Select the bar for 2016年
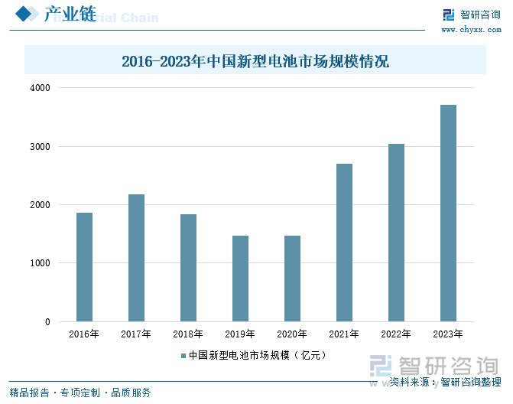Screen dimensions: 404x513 tap(84, 267)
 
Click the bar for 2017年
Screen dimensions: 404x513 tap(136, 258)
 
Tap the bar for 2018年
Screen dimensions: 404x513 tap(188, 268)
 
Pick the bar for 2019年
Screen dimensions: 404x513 tap(240, 279)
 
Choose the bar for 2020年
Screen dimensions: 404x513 tap(292, 279)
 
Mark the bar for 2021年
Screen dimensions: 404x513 tap(344, 243)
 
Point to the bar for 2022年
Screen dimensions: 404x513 tap(396, 233)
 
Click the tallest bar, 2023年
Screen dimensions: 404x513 tap(448, 213)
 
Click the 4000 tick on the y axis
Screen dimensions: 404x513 tap(40, 88)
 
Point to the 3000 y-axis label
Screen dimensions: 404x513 tap(40, 147)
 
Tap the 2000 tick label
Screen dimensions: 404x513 tap(40, 205)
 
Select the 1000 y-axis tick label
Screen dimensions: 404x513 tap(40, 264)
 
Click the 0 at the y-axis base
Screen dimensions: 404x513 tap(47, 322)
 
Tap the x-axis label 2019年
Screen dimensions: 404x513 tap(240, 334)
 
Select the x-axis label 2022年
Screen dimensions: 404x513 tap(396, 334)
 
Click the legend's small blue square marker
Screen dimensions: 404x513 tap(183, 355)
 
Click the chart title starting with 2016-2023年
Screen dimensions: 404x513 tap(255, 61)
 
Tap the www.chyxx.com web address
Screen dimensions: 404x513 tap(470, 29)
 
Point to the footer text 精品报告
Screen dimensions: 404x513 tap(29, 393)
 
